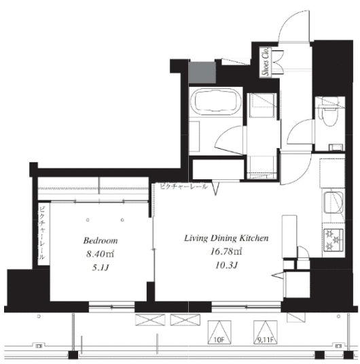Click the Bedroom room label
pos(101,240)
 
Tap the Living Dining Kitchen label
pos(226,238)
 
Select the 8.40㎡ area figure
pos(100,254)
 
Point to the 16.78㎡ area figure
pos(226,252)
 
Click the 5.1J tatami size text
pos(101,268)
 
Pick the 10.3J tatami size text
pos(226,265)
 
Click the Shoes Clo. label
pos(266,62)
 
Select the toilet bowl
pos(328,114)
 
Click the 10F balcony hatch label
pos(219,340)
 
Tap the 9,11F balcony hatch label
pos(266,340)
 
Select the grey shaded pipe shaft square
pos(202,73)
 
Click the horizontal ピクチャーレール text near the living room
pos(183,186)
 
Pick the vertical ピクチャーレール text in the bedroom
pos(42,233)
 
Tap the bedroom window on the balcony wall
pos(111,307)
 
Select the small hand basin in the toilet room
pos(336,147)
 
